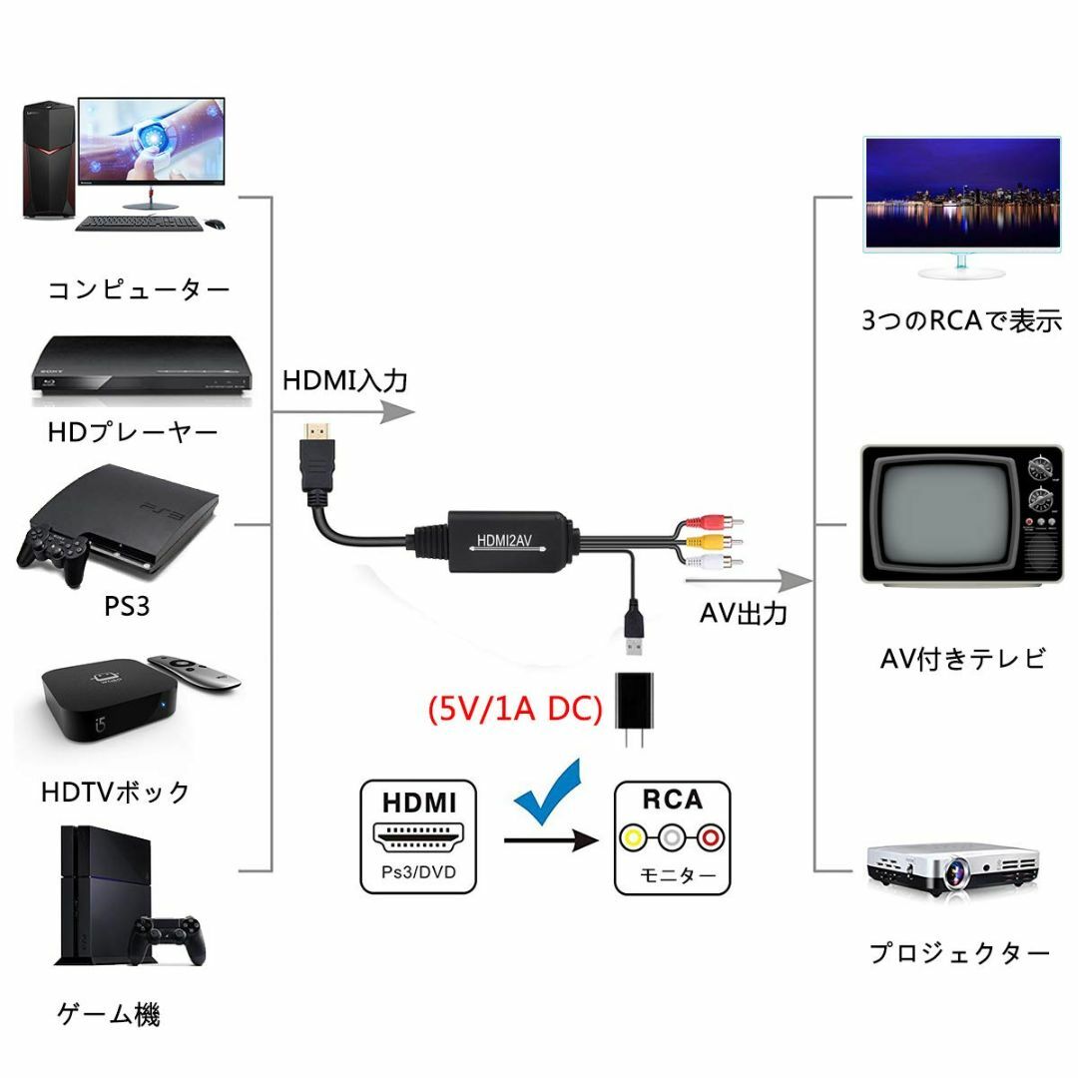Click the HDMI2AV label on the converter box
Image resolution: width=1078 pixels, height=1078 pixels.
(x=505, y=541)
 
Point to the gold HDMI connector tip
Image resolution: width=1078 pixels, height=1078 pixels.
(x=317, y=433)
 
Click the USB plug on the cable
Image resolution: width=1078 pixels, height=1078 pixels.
(x=635, y=628)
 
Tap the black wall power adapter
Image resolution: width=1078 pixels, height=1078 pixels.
(x=634, y=709)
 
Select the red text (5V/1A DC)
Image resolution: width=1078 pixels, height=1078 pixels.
(x=515, y=708)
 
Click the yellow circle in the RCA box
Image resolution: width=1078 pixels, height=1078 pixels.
(x=633, y=837)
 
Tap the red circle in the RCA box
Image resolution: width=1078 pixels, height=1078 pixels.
(x=711, y=837)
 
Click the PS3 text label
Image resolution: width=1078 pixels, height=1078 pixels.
(x=127, y=607)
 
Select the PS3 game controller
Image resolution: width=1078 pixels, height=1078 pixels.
(x=54, y=554)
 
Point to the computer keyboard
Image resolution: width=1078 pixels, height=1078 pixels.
(x=139, y=224)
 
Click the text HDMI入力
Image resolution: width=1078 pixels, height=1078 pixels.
(x=345, y=380)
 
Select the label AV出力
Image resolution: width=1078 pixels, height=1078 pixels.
(x=744, y=613)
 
